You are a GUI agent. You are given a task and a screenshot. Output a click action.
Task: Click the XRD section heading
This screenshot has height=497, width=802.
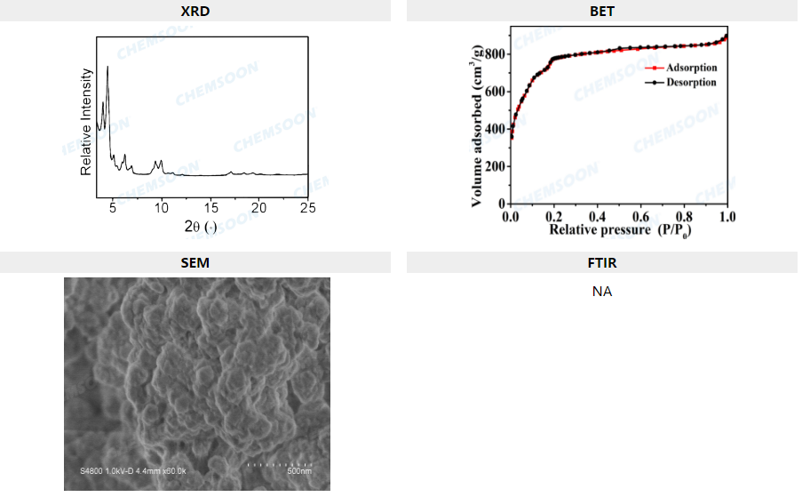195,11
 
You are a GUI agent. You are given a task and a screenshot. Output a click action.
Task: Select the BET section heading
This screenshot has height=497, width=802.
602,11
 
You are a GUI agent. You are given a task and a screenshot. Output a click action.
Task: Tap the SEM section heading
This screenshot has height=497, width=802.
195,262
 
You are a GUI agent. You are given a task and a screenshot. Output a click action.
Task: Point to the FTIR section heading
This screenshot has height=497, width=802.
602,262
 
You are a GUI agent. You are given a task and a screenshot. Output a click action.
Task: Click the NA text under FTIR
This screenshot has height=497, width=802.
602,291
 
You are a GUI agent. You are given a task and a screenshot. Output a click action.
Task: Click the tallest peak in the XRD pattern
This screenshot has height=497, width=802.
107,67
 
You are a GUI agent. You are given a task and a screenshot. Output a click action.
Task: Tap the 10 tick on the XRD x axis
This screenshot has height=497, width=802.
161,207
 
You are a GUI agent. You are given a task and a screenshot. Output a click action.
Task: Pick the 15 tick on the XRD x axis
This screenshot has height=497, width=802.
210,207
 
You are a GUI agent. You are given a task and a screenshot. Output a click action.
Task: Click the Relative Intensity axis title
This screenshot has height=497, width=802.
87,121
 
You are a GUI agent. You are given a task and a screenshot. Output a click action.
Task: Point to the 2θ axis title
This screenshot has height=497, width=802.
200,226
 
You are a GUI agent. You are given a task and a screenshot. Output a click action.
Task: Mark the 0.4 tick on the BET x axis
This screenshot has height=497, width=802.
597,216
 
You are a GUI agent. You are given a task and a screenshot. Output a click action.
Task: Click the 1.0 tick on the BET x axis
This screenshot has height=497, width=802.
727,216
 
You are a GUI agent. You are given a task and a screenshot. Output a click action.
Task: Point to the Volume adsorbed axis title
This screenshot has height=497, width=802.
480,117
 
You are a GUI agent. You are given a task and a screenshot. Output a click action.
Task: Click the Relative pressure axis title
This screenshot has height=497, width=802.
619,230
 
